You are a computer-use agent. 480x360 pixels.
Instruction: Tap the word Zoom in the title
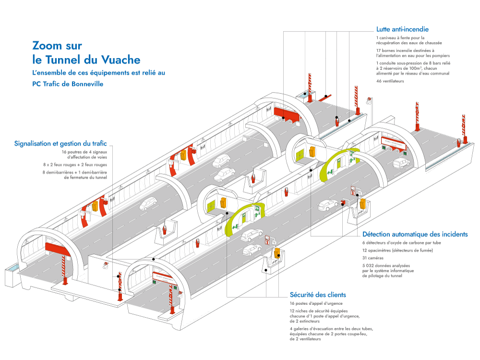[x=44, y=46]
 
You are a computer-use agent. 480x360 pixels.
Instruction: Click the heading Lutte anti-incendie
[x=402, y=29]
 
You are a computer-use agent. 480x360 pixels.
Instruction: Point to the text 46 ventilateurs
[x=390, y=81]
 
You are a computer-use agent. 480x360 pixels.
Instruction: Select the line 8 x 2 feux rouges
[x=77, y=164]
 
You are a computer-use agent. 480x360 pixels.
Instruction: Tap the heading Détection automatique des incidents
[x=415, y=234]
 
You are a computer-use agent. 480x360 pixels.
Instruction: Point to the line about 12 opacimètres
[x=398, y=250]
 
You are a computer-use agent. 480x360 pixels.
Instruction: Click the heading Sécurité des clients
[x=318, y=295]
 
